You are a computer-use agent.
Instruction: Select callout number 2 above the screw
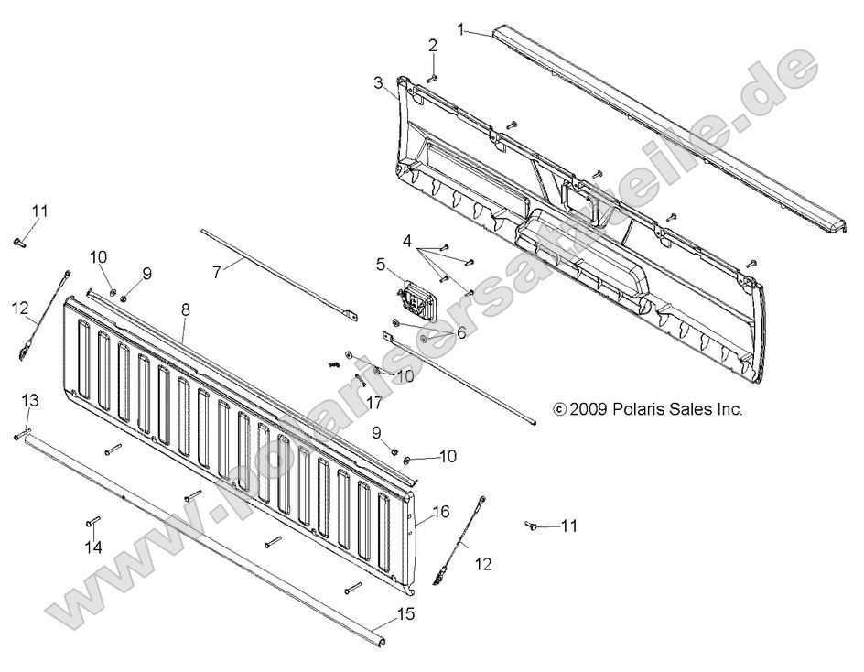[x=433, y=45]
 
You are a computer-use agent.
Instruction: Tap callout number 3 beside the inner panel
[x=378, y=82]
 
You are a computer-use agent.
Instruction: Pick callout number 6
[x=461, y=332]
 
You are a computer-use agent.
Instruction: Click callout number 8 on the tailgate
[x=186, y=309]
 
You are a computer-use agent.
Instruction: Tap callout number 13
[x=30, y=400]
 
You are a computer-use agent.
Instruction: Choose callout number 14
[x=93, y=547]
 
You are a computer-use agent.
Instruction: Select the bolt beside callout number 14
[x=92, y=523]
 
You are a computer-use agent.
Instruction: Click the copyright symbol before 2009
[x=560, y=410]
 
